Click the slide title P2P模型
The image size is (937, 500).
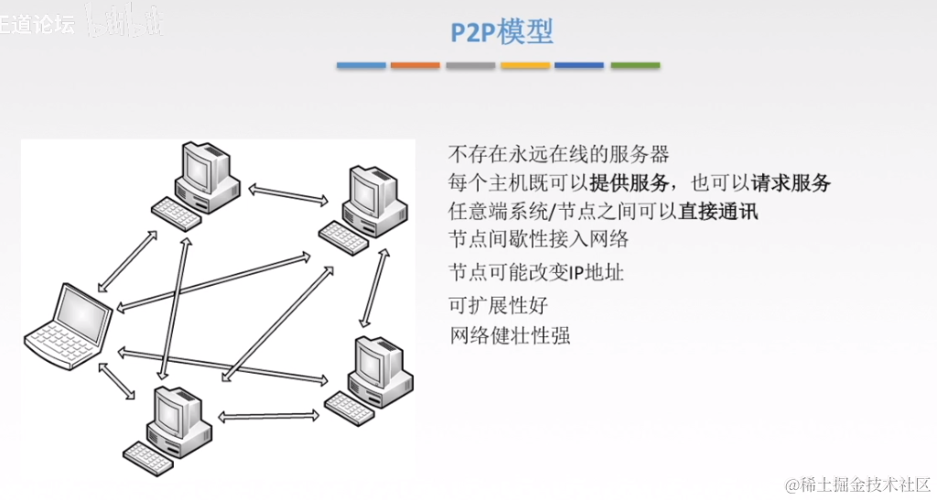(x=501, y=33)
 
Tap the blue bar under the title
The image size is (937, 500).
(x=361, y=66)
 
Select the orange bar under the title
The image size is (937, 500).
(x=415, y=66)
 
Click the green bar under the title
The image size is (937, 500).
(x=635, y=66)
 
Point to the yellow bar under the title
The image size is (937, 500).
(x=525, y=66)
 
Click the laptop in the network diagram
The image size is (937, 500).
(x=68, y=326)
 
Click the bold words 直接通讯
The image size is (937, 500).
(x=718, y=211)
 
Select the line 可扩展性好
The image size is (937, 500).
(x=498, y=305)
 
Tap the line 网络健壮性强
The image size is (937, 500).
(x=509, y=334)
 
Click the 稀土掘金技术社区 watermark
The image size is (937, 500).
(x=856, y=483)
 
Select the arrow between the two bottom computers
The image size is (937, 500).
(x=269, y=416)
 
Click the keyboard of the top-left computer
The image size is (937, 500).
(x=176, y=213)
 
